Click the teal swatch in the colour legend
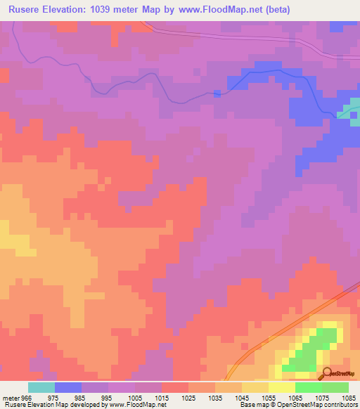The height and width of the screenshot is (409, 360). [x=41, y=387]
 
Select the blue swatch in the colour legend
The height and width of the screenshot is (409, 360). [x=67, y=387]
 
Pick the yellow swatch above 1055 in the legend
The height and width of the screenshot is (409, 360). [x=281, y=387]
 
